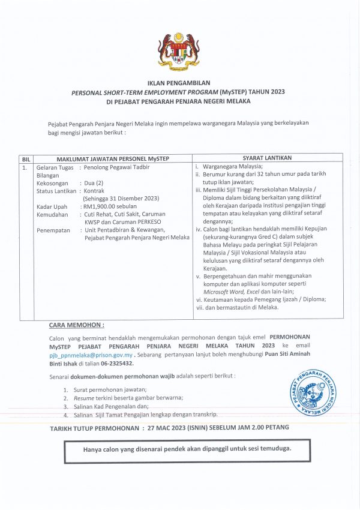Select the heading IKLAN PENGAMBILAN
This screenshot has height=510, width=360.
point(179,83)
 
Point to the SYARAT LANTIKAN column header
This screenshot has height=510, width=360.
point(267,158)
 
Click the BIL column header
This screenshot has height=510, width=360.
point(26,158)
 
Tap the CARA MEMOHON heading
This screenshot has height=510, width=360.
point(76,325)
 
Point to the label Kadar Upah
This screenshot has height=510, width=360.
point(51,206)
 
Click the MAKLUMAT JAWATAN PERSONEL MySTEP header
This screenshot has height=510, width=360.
point(112,158)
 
